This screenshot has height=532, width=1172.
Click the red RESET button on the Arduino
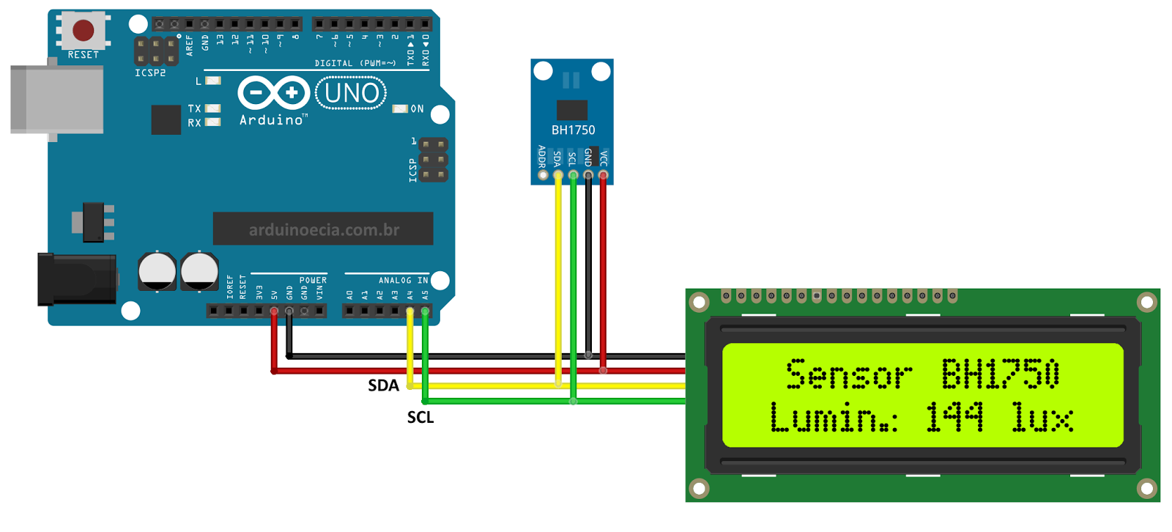click(84, 31)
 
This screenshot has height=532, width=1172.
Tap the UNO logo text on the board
click(352, 93)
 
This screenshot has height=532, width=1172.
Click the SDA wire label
click(383, 385)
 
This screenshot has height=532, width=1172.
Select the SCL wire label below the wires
click(420, 418)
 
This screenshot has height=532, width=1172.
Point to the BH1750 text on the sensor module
click(573, 130)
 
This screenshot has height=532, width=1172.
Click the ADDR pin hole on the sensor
click(543, 175)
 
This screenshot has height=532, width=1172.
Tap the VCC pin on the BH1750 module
click(604, 175)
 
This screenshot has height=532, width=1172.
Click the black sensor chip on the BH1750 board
click(572, 110)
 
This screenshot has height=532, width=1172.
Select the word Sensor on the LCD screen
click(849, 374)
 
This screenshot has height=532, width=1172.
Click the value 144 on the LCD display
click(954, 418)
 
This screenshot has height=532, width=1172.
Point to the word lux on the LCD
click(1042, 418)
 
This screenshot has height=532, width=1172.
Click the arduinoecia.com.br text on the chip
click(324, 230)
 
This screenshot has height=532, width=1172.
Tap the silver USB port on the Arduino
click(57, 100)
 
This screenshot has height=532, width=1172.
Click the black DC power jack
click(77, 278)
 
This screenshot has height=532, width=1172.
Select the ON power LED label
click(417, 109)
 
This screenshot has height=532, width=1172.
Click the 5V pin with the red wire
click(274, 311)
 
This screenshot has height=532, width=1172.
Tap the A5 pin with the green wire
click(425, 311)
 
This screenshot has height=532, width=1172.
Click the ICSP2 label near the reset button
click(150, 73)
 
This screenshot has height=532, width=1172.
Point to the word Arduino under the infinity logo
click(271, 120)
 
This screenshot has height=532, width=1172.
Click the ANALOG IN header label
click(403, 281)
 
